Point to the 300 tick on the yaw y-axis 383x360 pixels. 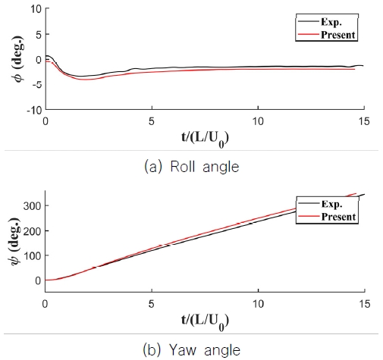click(30, 205)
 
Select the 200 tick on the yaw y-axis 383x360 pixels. click(30, 230)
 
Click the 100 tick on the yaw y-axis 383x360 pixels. click(30, 255)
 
